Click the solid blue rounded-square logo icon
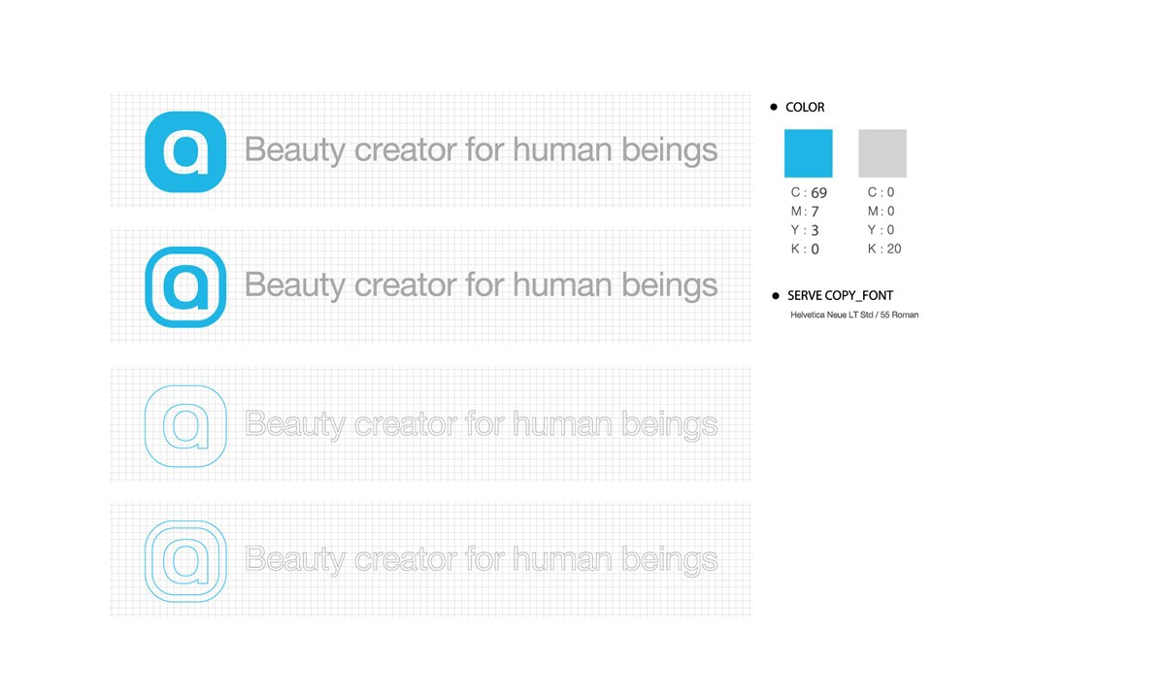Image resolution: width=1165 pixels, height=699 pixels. pyautogui.click(x=185, y=151)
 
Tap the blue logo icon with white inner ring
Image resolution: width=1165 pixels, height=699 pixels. pyautogui.click(x=185, y=286)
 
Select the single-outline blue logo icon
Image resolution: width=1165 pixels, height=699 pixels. pyautogui.click(x=185, y=425)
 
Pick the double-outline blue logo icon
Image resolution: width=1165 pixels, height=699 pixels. pyautogui.click(x=185, y=561)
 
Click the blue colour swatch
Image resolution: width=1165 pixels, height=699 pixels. pyautogui.click(x=808, y=153)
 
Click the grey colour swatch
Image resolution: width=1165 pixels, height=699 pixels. pyautogui.click(x=882, y=153)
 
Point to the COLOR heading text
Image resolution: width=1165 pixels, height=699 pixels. pyautogui.click(x=805, y=108)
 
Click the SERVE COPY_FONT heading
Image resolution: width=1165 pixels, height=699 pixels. pyautogui.click(x=840, y=295)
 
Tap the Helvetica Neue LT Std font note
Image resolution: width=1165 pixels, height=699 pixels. pyautogui.click(x=854, y=315)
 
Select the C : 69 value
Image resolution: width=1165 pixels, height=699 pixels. pyautogui.click(x=809, y=193)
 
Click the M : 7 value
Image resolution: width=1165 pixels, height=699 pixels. pyautogui.click(x=806, y=212)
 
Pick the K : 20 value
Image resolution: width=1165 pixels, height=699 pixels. pyautogui.click(x=884, y=250)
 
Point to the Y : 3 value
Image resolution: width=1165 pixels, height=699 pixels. pyautogui.click(x=805, y=230)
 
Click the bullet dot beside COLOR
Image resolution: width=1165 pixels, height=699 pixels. pyautogui.click(x=774, y=108)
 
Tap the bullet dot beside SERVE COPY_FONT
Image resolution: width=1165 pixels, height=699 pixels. pyautogui.click(x=775, y=295)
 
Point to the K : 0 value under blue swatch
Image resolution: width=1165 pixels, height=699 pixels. pyautogui.click(x=805, y=250)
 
